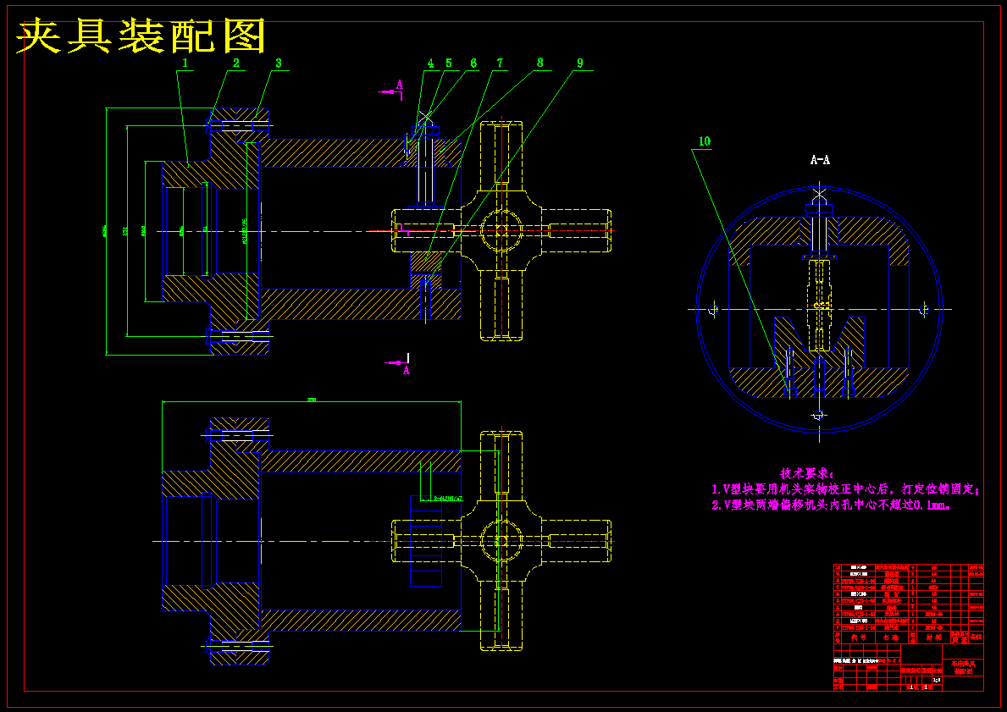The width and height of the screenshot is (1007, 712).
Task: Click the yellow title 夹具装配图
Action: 141,36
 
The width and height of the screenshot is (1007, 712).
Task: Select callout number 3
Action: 278,63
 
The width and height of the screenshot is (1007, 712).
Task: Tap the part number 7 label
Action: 500,63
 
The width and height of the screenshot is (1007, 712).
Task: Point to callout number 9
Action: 579,63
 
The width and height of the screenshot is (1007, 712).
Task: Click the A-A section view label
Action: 819,159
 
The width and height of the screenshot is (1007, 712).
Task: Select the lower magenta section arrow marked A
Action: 398,365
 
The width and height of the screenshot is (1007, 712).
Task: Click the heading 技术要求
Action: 807,473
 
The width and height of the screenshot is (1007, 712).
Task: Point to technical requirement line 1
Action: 845,489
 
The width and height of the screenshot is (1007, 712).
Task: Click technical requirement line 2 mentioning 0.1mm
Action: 832,505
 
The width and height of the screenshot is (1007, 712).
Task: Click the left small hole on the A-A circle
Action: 713,310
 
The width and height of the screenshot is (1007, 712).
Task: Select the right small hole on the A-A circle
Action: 924,310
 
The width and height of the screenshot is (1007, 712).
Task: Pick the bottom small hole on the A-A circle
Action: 818,415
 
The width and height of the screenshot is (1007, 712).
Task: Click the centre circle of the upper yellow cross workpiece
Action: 501,230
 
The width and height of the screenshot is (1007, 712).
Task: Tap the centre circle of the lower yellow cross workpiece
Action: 501,540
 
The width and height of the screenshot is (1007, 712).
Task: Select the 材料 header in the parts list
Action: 934,637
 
